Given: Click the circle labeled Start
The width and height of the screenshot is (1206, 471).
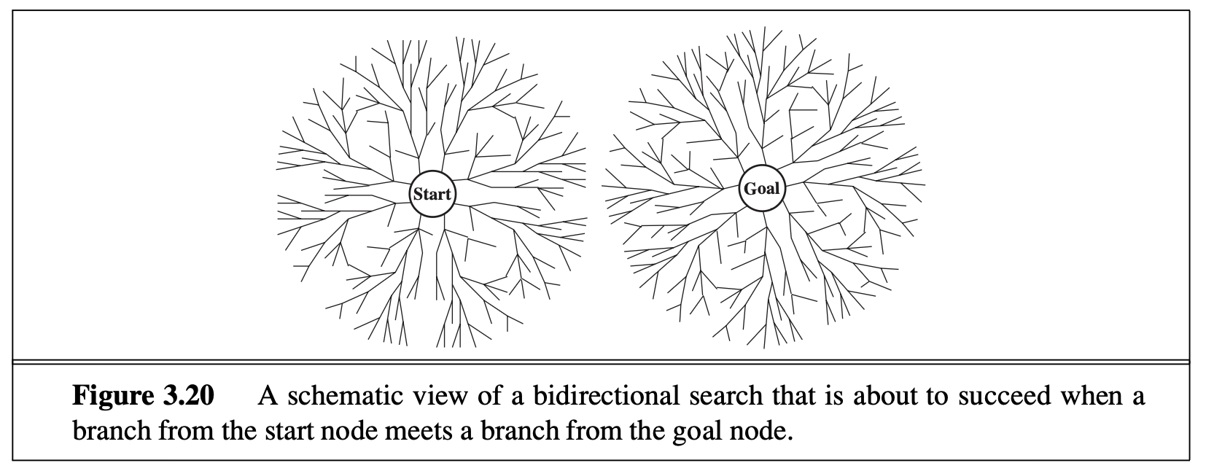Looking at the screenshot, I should [x=432, y=195].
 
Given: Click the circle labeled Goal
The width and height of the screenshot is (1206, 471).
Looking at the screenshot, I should [x=762, y=189].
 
